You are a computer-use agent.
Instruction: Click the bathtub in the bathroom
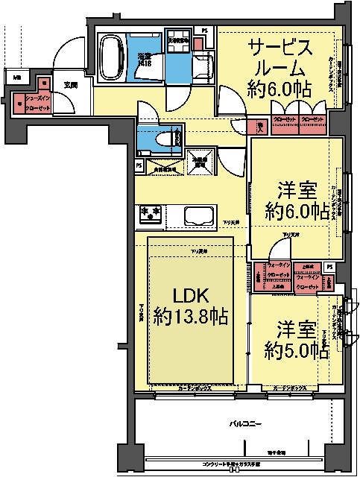click(112, 57)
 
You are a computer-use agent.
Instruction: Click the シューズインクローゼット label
click(38, 102)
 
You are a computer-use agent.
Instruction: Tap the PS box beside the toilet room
click(139, 165)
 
